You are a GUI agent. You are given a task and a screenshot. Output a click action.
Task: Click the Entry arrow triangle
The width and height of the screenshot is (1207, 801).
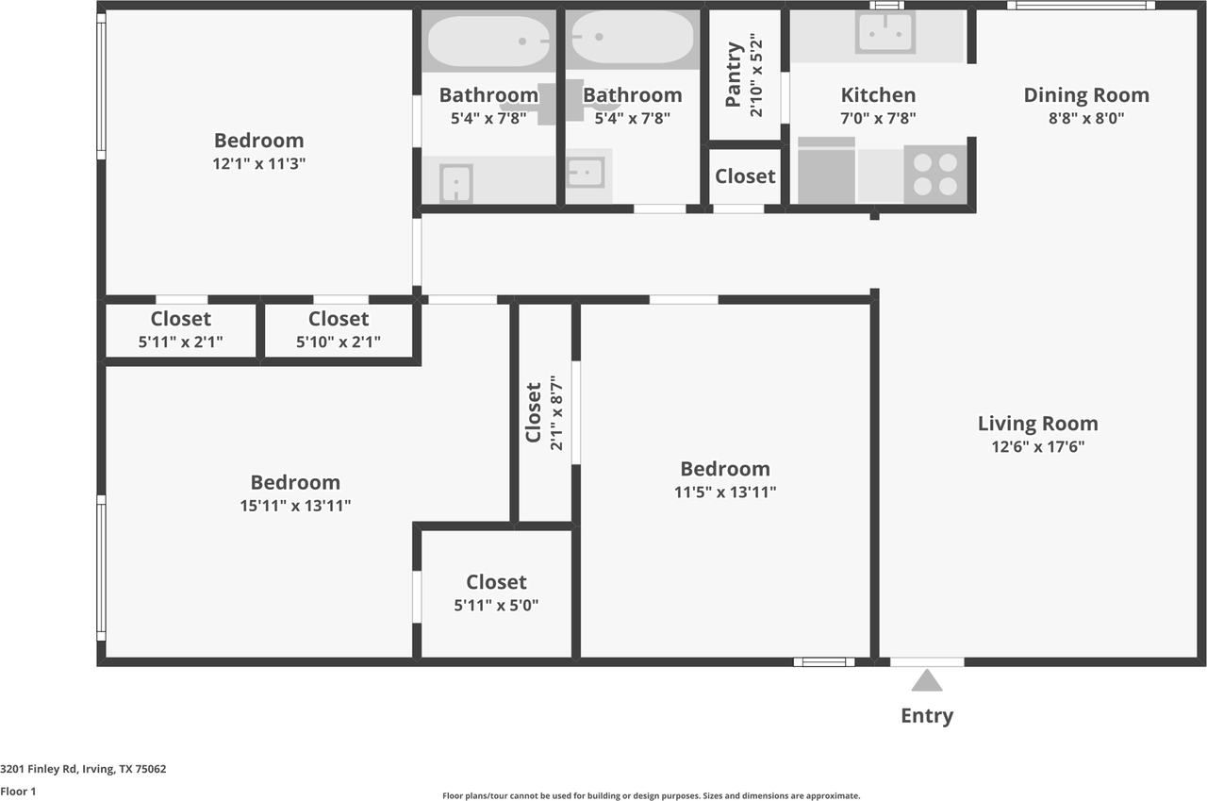tap(927, 680)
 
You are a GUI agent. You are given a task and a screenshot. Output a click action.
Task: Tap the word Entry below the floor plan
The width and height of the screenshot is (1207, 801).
tap(927, 715)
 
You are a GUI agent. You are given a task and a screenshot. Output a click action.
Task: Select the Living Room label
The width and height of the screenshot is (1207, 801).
tap(1037, 424)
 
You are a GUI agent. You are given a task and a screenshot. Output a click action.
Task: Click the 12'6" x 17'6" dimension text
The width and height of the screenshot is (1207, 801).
tap(1037, 447)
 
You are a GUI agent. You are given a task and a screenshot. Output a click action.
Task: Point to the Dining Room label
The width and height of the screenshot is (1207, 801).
tap(1086, 95)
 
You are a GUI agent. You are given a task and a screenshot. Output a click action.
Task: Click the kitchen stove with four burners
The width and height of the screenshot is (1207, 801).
tap(935, 174)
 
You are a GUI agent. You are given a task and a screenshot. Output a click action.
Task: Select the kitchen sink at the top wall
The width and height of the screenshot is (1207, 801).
tap(885, 33)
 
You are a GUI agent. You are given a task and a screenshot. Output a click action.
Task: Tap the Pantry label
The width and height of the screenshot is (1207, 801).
tap(735, 75)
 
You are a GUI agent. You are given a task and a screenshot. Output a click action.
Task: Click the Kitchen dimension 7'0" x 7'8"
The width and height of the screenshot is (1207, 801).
tap(878, 118)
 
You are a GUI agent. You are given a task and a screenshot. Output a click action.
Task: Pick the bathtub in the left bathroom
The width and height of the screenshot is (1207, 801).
tap(488, 41)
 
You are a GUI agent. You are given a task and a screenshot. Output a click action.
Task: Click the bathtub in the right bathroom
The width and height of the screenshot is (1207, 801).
tap(633, 39)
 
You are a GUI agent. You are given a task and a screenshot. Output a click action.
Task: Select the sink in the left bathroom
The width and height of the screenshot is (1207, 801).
tap(456, 182)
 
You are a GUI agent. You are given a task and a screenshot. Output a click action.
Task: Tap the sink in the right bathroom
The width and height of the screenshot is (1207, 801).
tap(586, 173)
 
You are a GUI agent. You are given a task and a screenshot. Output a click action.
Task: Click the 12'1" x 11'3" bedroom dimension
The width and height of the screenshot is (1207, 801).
tap(259, 163)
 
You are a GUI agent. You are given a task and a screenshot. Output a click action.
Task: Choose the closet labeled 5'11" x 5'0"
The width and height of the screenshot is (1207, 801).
tap(496, 593)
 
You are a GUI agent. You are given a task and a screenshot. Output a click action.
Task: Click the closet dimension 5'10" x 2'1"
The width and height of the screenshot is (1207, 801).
tap(339, 342)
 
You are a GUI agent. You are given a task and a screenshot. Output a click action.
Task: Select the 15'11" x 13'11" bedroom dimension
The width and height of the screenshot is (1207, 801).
tap(295, 506)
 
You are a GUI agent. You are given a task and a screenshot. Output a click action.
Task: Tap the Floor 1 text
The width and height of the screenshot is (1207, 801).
tap(18, 792)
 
